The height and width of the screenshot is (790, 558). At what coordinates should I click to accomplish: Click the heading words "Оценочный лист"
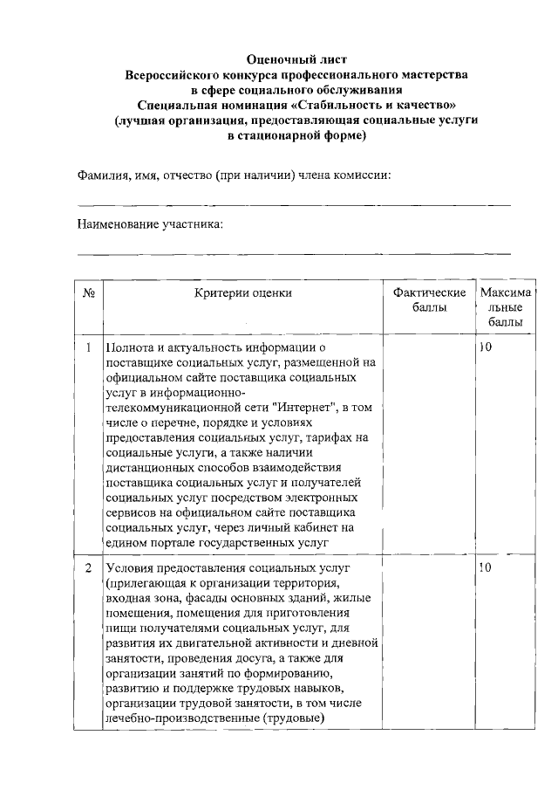pyautogui.click(x=296, y=59)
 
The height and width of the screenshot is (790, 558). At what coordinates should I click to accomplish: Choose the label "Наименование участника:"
pyautogui.click(x=150, y=224)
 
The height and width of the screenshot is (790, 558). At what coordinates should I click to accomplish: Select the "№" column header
pyautogui.click(x=87, y=293)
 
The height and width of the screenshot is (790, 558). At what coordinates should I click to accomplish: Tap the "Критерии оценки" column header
pyautogui.click(x=242, y=293)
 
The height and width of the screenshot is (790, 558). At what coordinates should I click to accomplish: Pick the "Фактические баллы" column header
pyautogui.click(x=429, y=300)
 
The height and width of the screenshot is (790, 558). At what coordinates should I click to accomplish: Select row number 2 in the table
pyautogui.click(x=88, y=568)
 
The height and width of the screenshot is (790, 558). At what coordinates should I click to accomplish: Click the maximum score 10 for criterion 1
pyautogui.click(x=486, y=348)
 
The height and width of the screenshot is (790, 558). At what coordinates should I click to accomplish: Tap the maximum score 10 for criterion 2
pyautogui.click(x=486, y=568)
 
